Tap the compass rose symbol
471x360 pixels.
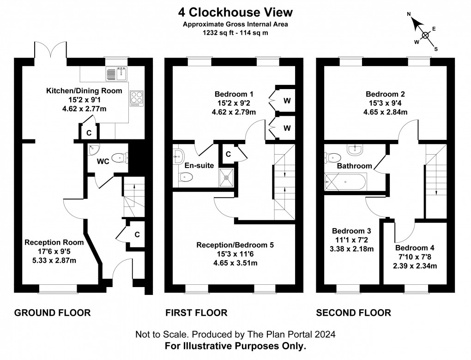[x=425, y=35]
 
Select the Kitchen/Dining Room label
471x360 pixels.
[x=84, y=90]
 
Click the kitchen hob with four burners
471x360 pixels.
[x=137, y=98]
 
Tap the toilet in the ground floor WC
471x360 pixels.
[x=119, y=158]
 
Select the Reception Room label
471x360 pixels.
[x=54, y=242]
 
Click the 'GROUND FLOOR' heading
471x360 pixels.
[x=53, y=313]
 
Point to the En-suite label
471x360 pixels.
[x=199, y=165]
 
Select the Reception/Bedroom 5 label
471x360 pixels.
[x=235, y=245]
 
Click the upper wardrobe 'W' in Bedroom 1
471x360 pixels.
[x=286, y=101]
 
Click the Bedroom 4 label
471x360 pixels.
[x=414, y=248]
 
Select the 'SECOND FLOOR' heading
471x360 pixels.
[x=353, y=313]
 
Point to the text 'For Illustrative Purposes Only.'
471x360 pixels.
[x=235, y=345]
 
